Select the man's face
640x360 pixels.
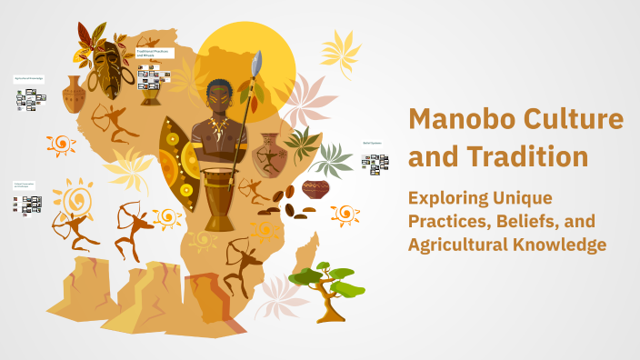coord(217,95)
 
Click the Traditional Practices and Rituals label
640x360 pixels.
coord(155,54)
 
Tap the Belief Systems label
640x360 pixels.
coord(373,143)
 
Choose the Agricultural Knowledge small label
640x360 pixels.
coord(28,79)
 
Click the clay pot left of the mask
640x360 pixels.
coord(74,95)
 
